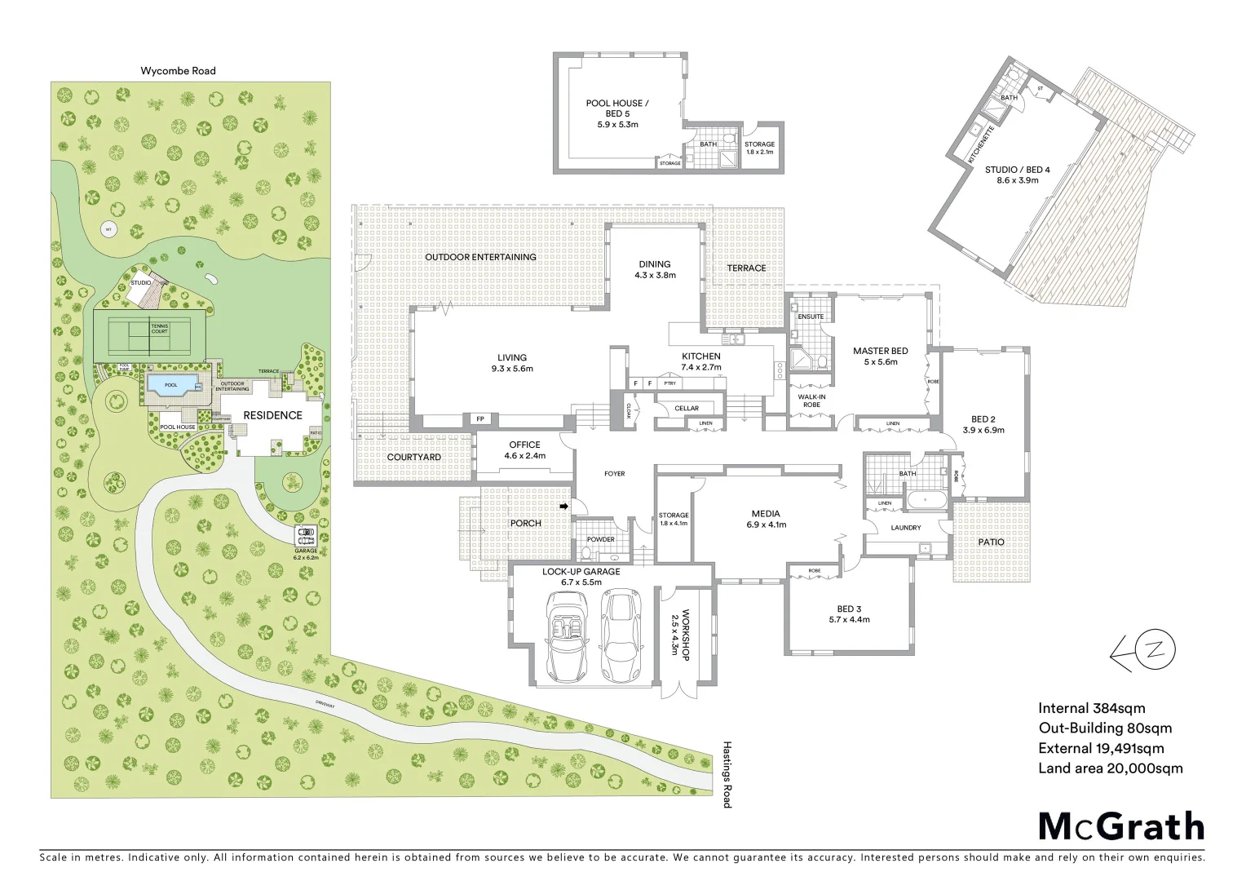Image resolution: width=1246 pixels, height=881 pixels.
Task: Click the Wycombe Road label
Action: coord(178,71)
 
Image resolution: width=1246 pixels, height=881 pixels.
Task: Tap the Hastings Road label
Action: coord(727,774)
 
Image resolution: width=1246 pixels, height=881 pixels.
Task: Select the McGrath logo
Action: coord(1121,826)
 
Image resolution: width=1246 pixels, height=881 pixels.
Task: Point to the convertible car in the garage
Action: coord(566,636)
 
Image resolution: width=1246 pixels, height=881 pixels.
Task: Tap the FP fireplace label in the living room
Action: coord(480,419)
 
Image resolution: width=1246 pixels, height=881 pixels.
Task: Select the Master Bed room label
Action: coord(880,356)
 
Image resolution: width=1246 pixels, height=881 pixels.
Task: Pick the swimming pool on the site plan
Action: coord(171,385)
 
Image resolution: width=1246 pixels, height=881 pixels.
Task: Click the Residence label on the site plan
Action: coord(272,415)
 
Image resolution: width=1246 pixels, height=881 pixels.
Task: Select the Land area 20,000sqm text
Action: coord(1110,768)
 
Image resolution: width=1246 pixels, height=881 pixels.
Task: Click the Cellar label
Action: coord(687,408)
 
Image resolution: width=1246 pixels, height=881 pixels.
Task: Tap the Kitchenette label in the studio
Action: coord(981,145)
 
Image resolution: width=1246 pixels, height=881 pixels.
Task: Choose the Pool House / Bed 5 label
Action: coord(617,113)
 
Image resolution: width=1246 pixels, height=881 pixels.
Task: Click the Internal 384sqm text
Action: coord(1091,708)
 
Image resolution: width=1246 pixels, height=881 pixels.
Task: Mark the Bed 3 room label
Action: coord(849,613)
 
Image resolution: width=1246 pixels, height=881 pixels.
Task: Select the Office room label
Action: coord(524,449)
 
